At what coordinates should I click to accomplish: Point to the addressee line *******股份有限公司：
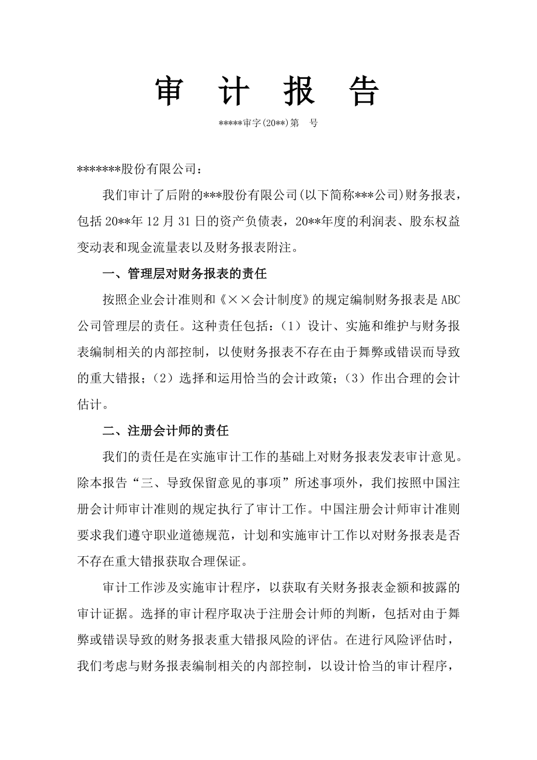140,169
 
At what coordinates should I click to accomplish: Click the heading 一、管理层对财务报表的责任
184,273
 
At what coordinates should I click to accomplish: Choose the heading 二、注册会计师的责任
166,431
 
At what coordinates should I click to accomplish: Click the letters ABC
450,299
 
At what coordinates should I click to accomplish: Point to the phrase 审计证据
102,615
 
